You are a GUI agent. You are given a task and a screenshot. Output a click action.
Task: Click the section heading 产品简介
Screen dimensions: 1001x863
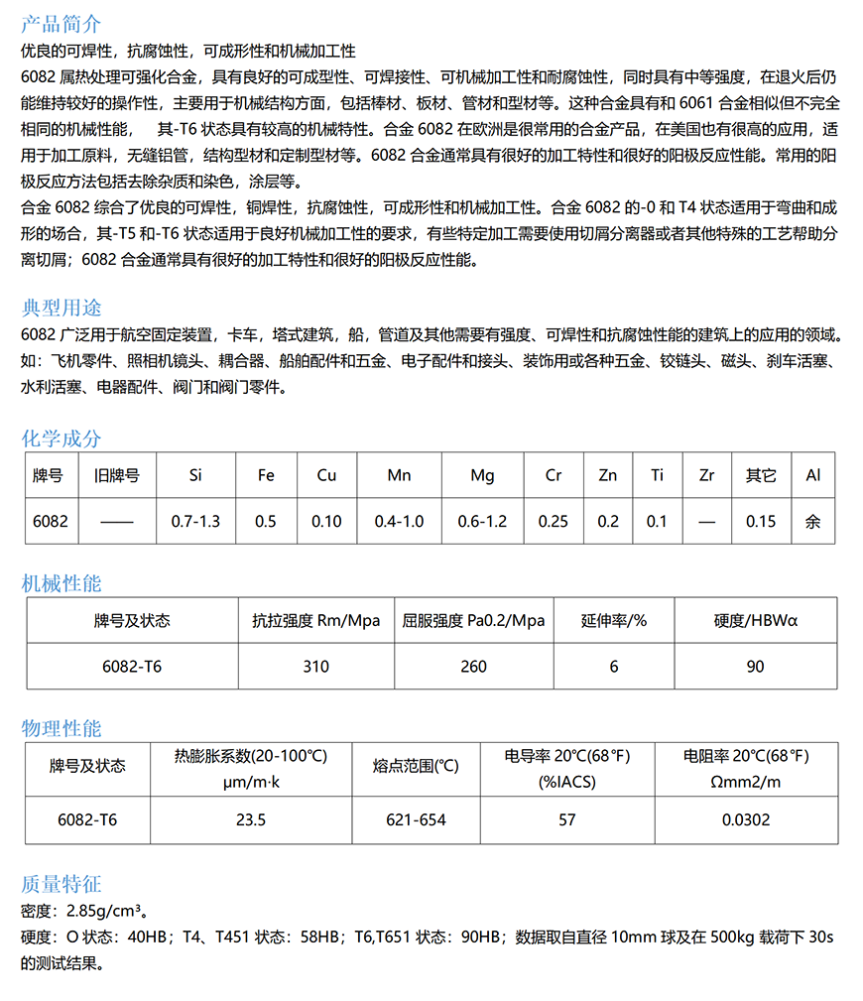pyautogui.click(x=61, y=24)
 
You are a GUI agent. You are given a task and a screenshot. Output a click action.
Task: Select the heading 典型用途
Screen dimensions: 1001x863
pyautogui.click(x=61, y=308)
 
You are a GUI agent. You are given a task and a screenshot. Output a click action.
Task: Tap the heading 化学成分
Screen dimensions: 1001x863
pyautogui.click(x=61, y=438)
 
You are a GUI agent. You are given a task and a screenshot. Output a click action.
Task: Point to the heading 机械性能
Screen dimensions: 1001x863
pyautogui.click(x=61, y=583)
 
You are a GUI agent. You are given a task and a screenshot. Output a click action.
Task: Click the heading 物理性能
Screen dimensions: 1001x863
pyautogui.click(x=61, y=728)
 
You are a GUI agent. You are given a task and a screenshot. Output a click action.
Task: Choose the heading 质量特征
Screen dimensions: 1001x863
pyautogui.click(x=61, y=884)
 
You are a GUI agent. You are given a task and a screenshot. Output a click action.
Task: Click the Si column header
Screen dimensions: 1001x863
pyautogui.click(x=195, y=475)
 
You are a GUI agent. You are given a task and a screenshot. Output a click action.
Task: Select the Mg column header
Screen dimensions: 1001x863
pyautogui.click(x=482, y=475)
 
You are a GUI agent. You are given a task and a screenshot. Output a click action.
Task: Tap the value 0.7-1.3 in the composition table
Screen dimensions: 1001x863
pyautogui.click(x=195, y=521)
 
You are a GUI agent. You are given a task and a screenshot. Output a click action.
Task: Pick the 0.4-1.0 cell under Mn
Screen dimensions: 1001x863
pyautogui.click(x=399, y=521)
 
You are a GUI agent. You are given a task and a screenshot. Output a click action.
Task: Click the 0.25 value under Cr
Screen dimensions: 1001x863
pyautogui.click(x=554, y=521)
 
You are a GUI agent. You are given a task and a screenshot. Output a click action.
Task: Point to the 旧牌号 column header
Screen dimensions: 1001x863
pyautogui.click(x=116, y=475)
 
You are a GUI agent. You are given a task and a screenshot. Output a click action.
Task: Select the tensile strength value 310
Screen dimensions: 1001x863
pyautogui.click(x=315, y=666)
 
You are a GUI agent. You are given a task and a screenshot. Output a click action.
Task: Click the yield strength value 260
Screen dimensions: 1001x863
pyautogui.click(x=474, y=666)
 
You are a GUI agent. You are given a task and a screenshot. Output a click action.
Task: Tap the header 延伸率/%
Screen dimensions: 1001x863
pyautogui.click(x=614, y=621)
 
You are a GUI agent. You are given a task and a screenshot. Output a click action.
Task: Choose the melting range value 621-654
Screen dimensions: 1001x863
pyautogui.click(x=416, y=819)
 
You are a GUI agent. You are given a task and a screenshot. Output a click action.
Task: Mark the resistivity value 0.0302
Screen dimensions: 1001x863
pyautogui.click(x=746, y=819)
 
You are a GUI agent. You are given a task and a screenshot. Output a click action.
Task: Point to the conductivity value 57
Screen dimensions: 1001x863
pyautogui.click(x=567, y=819)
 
